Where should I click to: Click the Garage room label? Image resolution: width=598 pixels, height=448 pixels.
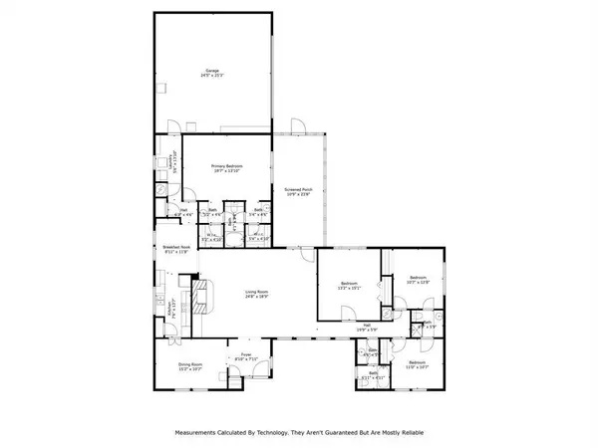tap(212, 70)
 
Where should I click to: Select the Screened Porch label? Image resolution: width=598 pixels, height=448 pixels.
tap(299, 189)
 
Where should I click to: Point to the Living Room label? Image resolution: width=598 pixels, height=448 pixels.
tap(258, 292)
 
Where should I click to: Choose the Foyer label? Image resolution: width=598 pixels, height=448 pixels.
tap(245, 353)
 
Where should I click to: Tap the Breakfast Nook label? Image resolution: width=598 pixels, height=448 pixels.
tap(174, 248)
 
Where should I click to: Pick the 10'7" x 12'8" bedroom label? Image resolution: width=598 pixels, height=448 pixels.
tap(417, 278)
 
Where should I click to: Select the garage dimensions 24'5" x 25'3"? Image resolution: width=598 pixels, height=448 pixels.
tap(212, 76)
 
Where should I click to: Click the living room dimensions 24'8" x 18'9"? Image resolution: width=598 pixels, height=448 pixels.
tap(258, 298)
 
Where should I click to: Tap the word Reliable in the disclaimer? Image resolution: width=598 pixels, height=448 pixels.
tap(405, 433)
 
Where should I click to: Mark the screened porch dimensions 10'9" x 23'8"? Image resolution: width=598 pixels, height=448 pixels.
tap(299, 195)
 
